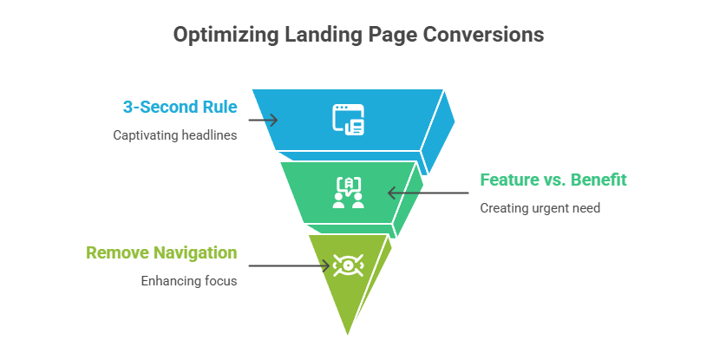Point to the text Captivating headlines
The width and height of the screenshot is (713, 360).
(175, 135)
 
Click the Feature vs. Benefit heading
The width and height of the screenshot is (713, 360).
(553, 180)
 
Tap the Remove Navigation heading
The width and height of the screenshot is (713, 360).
(161, 252)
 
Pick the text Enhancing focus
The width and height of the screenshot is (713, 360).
(189, 281)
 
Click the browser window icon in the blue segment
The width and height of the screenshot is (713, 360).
(349, 119)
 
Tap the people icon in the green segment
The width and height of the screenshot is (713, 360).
(349, 193)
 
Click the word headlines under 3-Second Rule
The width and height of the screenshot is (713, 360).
(207, 135)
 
